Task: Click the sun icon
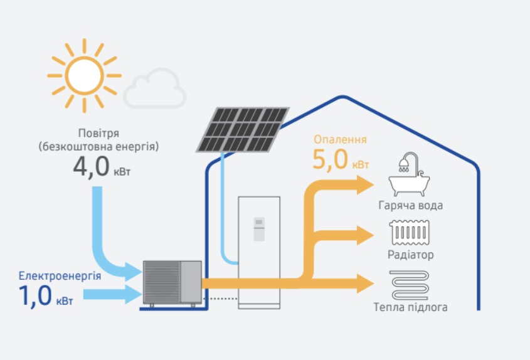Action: [84, 75]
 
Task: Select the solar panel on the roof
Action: [243, 130]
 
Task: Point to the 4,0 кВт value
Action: [100, 168]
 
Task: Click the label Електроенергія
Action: [60, 275]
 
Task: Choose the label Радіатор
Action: [411, 255]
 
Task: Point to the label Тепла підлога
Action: [411, 307]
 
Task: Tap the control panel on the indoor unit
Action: [258, 229]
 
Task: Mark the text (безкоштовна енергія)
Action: [98, 147]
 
